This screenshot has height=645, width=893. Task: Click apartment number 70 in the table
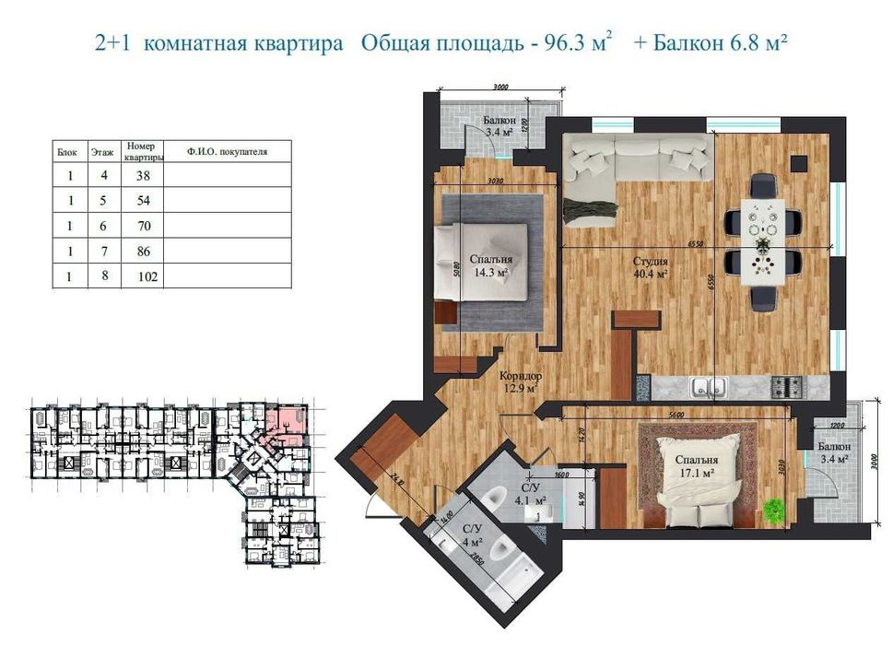coord(143,225)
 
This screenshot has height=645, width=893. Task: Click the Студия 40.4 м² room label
coord(650,267)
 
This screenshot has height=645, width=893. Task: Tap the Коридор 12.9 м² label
coord(520,382)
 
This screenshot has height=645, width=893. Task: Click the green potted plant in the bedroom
coord(773,509)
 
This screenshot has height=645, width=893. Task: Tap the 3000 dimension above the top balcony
coord(500,88)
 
